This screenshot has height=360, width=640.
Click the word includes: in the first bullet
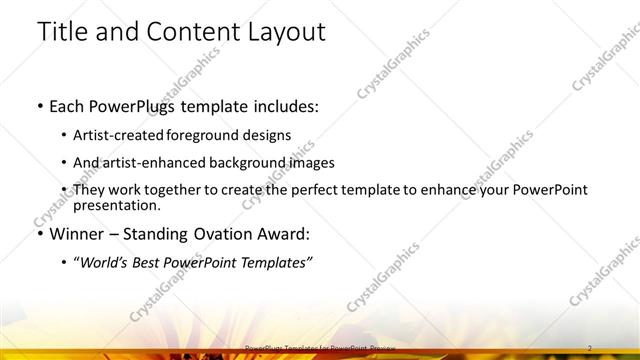tap(282, 105)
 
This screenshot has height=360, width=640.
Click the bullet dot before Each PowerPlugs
tap(39, 105)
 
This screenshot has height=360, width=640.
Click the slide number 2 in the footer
tap(590, 347)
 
